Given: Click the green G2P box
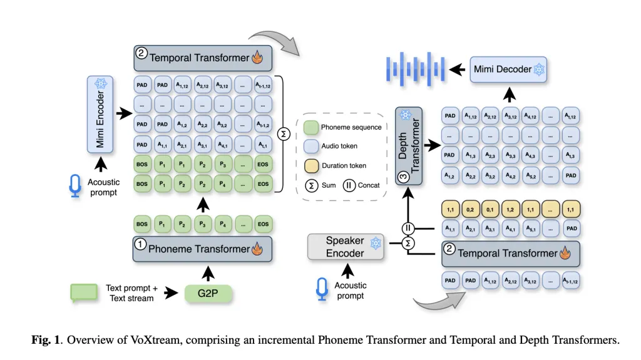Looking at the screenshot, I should (x=208, y=293).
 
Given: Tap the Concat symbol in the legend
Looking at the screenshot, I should (x=347, y=185).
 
